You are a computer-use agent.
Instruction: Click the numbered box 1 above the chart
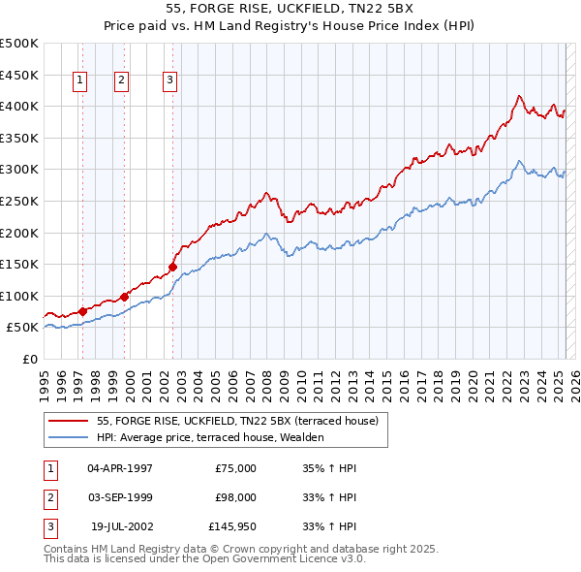78,81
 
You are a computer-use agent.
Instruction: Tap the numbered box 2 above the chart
121,81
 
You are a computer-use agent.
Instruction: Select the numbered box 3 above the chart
170,81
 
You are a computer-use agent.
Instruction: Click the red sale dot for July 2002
173,267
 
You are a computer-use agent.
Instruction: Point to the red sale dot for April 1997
82,311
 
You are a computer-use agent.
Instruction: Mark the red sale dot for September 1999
125,297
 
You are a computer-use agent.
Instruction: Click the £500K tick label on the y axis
19,44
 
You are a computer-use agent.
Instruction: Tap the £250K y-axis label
19,201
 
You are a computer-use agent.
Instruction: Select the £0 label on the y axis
30,359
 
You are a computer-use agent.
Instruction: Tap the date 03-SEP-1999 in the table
119,497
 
